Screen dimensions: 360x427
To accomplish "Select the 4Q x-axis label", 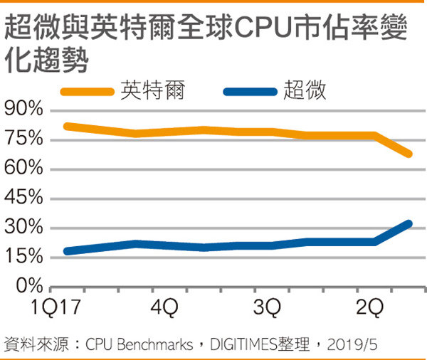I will click(x=165, y=308).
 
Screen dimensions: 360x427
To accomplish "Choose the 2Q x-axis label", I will click(x=370, y=308).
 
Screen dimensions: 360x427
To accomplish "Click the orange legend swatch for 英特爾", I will click(x=87, y=92).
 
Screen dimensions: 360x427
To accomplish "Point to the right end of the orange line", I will click(x=408, y=154).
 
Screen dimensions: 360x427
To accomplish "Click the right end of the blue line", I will click(x=408, y=223).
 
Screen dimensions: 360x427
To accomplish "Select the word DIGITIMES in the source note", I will click(x=246, y=345).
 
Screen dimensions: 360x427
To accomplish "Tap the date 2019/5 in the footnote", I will click(x=352, y=345).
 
